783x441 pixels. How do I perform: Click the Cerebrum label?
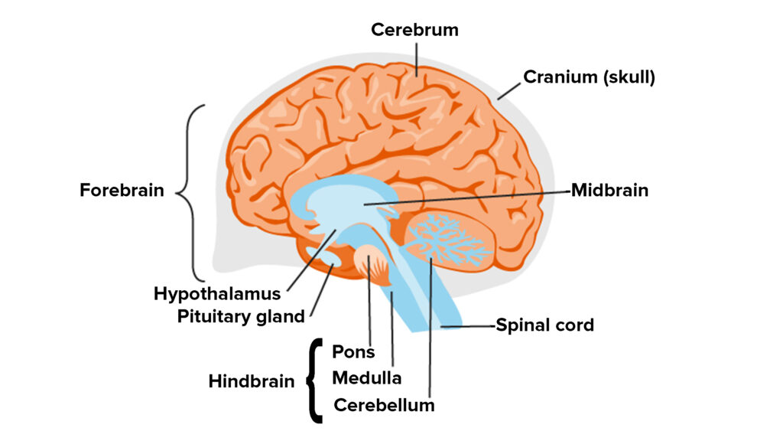pos(414,30)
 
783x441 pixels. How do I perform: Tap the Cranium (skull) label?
pos(589,77)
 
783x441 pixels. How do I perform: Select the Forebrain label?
pos(122,190)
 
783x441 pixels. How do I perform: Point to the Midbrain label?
pos(609,190)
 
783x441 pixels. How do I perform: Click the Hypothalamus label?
pos(217,293)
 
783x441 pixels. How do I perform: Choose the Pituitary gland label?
pos(241,315)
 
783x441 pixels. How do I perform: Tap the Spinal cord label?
pos(544,325)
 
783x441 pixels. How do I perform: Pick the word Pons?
pos(354,351)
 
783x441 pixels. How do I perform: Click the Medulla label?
pos(367,377)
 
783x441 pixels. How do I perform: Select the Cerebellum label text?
pos(384,404)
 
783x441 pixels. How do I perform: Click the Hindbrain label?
pos(252,381)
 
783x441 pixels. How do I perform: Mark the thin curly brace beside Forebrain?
pos(192,191)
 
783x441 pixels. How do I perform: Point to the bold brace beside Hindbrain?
pos(313,381)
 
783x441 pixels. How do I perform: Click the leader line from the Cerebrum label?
pos(417,57)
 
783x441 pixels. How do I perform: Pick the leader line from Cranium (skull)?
pos(508,88)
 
